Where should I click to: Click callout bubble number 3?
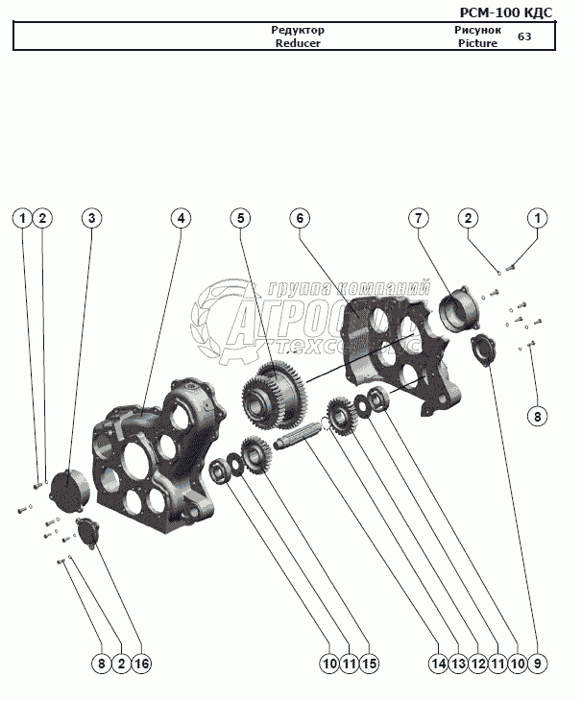[x=91, y=218]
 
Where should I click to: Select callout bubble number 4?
[x=180, y=218]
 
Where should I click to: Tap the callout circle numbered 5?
[x=241, y=218]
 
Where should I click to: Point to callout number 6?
[x=300, y=218]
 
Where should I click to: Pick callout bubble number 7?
[x=419, y=218]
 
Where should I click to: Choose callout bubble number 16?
[x=141, y=664]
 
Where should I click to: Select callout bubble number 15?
[x=370, y=664]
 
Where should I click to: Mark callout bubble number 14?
[x=439, y=664]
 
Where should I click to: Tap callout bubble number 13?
[x=458, y=664]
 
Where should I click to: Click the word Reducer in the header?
[x=298, y=44]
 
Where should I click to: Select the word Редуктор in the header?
[x=298, y=31]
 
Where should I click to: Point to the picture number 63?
[x=524, y=37]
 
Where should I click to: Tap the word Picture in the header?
[x=477, y=44]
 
